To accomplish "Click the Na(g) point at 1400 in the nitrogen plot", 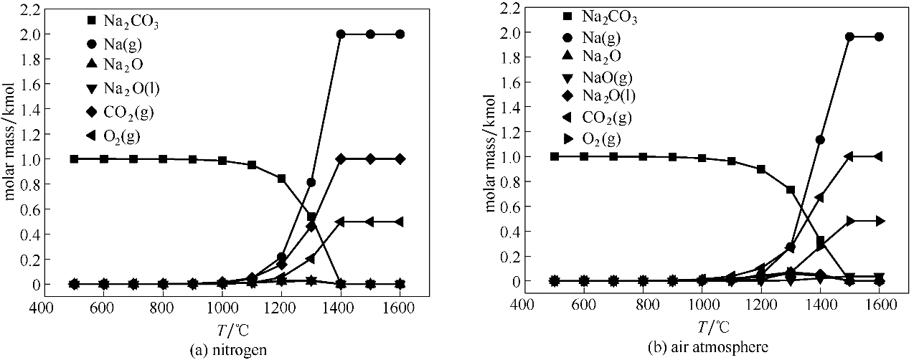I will pyautogui.click(x=341, y=34).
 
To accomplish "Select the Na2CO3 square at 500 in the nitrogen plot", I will pyautogui.click(x=74, y=158).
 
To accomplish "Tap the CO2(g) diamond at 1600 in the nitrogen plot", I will pyautogui.click(x=400, y=158).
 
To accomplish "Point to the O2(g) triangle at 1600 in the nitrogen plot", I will pyautogui.click(x=400, y=222).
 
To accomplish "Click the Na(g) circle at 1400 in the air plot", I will pyautogui.click(x=819, y=140).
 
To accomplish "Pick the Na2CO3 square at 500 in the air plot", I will pyautogui.click(x=554, y=156).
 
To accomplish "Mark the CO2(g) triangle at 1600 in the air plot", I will pyautogui.click(x=880, y=156).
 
